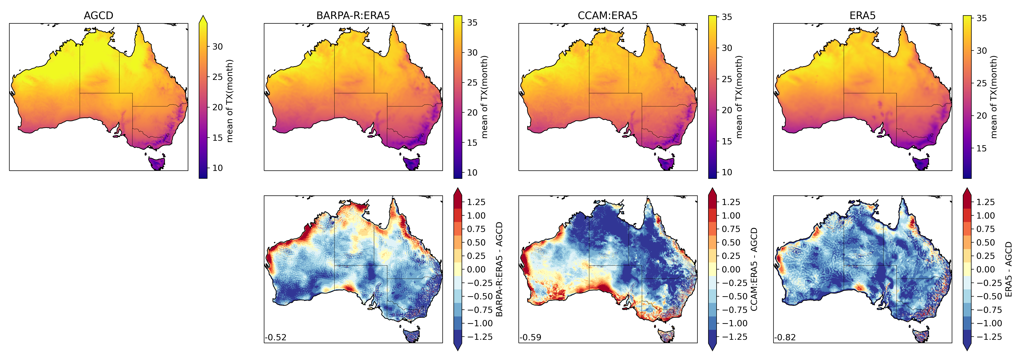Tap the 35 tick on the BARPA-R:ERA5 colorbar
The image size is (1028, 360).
472,23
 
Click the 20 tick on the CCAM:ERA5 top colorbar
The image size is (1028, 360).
727,110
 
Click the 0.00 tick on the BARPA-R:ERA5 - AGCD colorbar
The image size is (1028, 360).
476,269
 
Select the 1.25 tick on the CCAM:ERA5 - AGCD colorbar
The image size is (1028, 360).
731,202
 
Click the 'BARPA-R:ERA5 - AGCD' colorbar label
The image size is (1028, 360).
499,269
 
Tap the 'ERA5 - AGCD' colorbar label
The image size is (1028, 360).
1008,269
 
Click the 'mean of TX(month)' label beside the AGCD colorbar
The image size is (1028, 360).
229,101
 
